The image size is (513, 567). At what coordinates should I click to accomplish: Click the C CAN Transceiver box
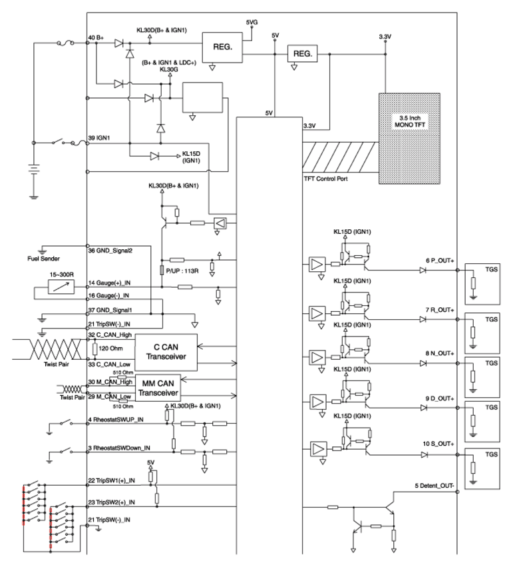tap(166, 352)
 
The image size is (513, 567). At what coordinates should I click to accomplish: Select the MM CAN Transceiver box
tap(158, 388)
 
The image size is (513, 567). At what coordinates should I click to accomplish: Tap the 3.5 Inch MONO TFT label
tap(410, 121)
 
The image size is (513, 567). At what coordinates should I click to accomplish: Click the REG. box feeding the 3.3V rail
tap(303, 54)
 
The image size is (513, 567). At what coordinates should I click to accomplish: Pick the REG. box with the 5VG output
tap(222, 47)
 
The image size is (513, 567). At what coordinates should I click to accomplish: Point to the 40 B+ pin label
tap(96, 37)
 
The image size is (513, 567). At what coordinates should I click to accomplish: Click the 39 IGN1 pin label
tap(99, 138)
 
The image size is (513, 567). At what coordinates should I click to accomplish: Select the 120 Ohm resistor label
tap(111, 348)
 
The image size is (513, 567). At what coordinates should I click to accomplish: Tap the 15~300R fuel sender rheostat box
tap(61, 287)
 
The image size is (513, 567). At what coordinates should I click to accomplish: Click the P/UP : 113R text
tap(182, 271)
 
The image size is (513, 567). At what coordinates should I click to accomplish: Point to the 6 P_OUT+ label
tap(440, 261)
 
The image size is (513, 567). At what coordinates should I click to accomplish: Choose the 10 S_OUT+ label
tap(438, 444)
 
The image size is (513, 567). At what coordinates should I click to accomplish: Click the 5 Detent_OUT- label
tap(434, 486)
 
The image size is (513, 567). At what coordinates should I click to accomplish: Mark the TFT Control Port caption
tap(325, 179)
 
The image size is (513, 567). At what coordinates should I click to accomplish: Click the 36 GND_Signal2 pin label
tap(110, 251)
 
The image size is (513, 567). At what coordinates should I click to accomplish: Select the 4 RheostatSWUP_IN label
tap(116, 420)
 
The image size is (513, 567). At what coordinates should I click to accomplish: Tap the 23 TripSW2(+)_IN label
tap(112, 502)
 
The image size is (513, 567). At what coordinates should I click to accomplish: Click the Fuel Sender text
tap(44, 259)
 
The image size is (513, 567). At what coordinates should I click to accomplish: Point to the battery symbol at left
tap(34, 170)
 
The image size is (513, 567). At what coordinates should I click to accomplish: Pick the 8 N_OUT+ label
tap(440, 353)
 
